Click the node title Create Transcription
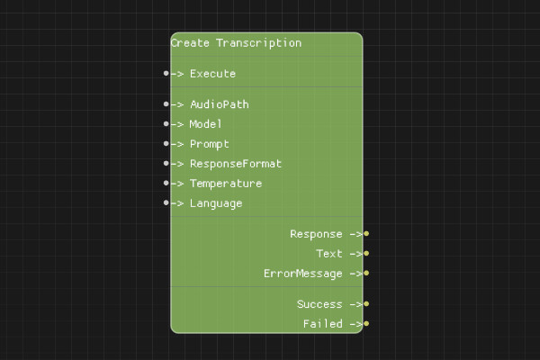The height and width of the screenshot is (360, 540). coord(236,43)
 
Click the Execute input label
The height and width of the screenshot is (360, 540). coord(212,74)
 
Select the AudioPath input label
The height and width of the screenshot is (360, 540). coord(219,104)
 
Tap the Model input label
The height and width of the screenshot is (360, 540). coord(205,124)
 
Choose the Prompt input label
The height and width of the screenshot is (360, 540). coord(209,144)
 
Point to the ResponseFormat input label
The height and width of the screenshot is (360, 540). coord(235,164)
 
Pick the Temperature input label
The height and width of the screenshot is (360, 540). coord(225,184)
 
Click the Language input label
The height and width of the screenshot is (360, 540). coord(215,203)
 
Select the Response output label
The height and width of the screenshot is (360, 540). coord(316,234)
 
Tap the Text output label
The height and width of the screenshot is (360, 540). coord(329,254)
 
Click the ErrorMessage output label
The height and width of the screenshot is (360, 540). coord(302,274)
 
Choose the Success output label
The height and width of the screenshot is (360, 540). coord(319,304)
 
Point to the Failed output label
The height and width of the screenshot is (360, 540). coord(322,324)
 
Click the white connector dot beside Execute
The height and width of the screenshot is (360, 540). coord(166,74)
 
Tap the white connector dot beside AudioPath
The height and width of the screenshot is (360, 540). coord(166,104)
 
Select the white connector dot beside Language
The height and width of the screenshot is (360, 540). coord(166,203)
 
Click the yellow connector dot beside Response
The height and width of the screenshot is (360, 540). coord(366,234)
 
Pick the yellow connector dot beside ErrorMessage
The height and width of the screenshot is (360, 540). coord(366,274)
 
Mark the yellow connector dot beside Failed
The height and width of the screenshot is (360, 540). coord(366,324)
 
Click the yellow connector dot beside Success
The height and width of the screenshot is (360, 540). coord(366,304)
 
